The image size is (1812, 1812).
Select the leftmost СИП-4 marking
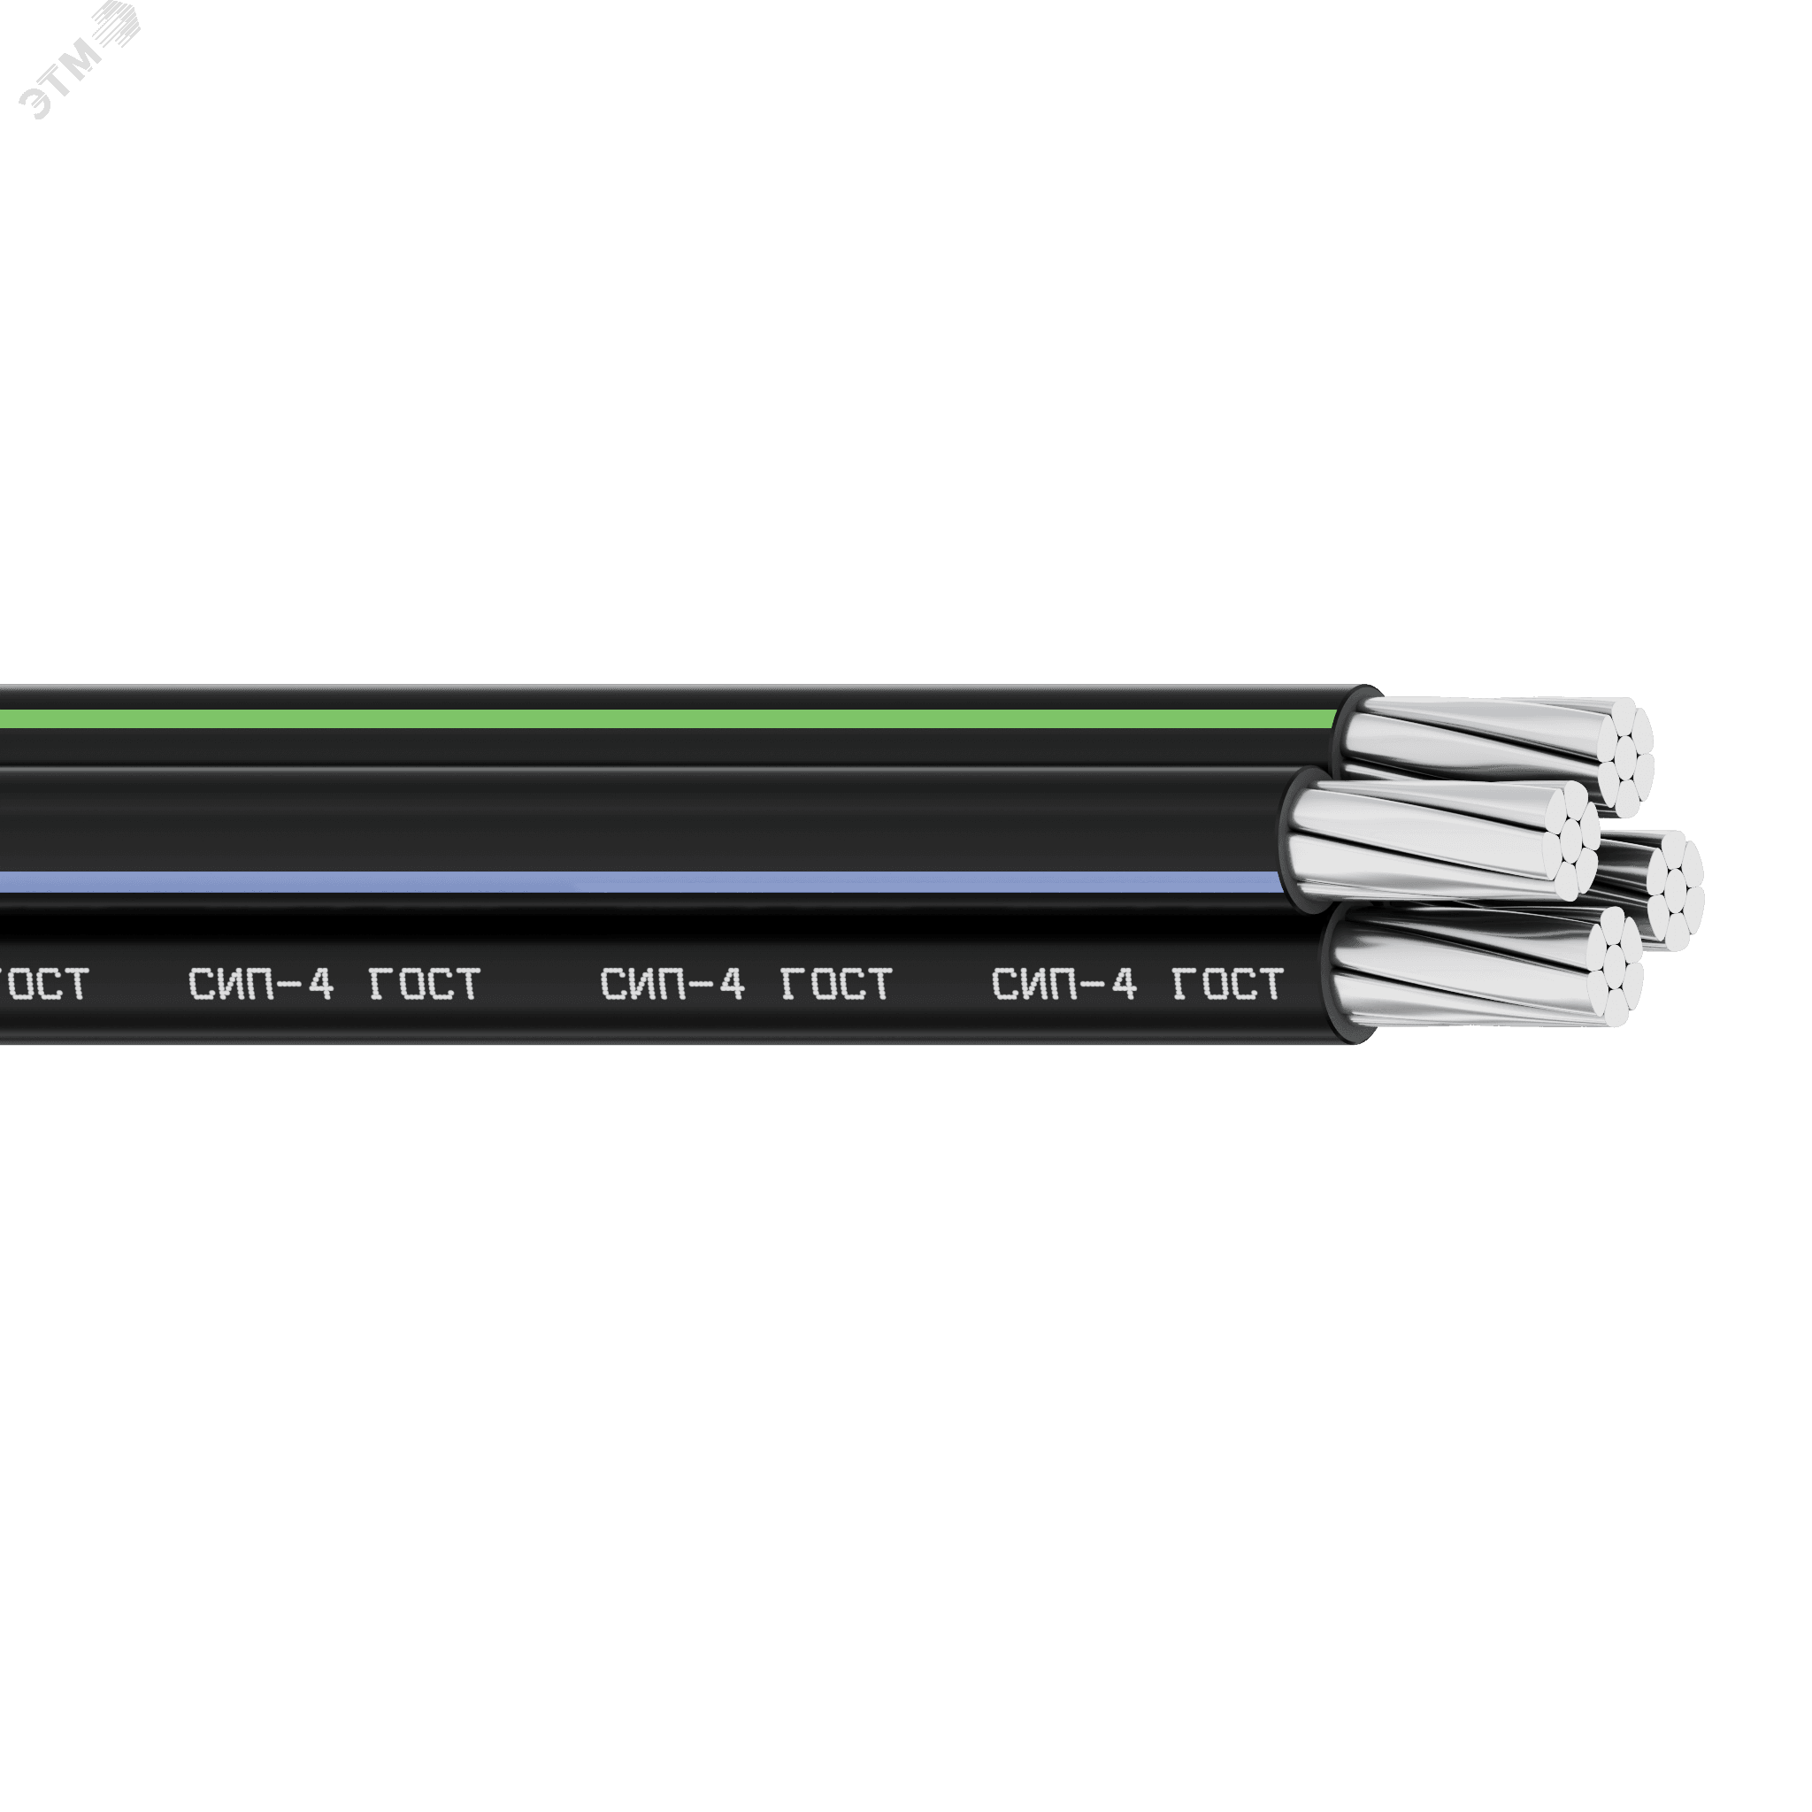pyautogui.click(x=261, y=984)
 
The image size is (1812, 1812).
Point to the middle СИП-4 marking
pyautogui.click(x=672, y=984)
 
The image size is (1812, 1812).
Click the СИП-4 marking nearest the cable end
pyautogui.click(x=1064, y=984)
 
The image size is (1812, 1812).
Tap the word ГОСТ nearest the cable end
pyautogui.click(x=1228, y=984)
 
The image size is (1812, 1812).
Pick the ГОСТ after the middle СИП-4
pyautogui.click(x=835, y=984)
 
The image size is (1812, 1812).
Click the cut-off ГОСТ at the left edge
pyautogui.click(x=44, y=984)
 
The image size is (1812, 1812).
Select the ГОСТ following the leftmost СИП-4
pyautogui.click(x=425, y=984)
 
